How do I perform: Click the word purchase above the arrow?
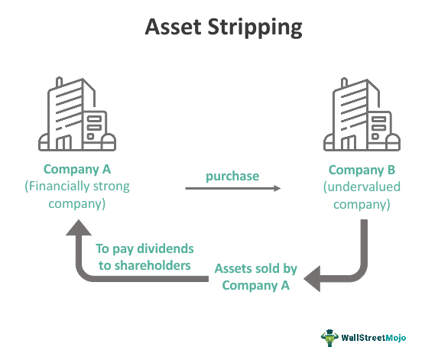pos(232,176)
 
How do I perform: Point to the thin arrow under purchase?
pos(232,189)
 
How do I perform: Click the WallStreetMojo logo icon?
pos(329,337)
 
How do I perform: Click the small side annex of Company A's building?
pos(96,129)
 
